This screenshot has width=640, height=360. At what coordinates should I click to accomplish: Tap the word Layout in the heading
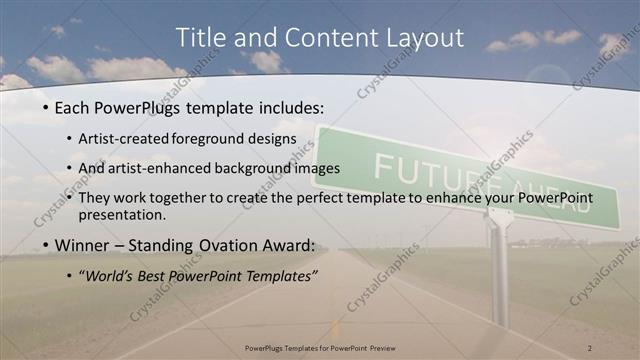click(424, 38)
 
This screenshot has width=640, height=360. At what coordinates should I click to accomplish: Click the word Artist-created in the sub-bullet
click(129, 137)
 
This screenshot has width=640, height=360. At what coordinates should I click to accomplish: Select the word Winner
click(82, 245)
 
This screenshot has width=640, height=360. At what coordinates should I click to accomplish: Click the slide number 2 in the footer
click(590, 347)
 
